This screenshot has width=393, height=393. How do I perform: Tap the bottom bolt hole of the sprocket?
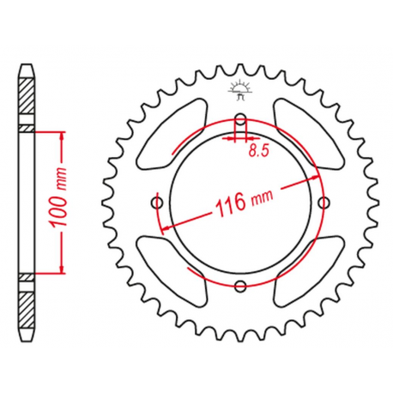pos(239,285)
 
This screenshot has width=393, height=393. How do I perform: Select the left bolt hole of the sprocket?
pos(156,203)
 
